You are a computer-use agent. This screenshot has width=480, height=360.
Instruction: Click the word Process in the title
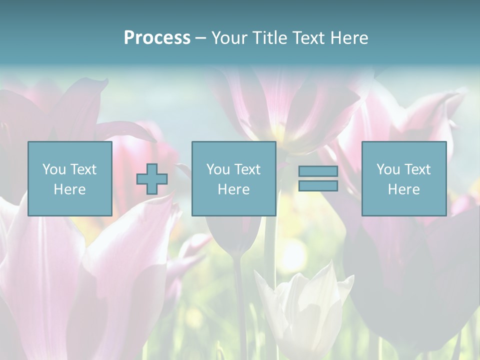tap(157, 38)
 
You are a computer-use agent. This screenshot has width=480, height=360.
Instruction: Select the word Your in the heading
tap(227, 38)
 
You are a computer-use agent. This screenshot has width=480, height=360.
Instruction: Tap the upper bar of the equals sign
tap(318, 171)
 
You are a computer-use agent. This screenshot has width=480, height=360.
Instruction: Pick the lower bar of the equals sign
tap(318, 185)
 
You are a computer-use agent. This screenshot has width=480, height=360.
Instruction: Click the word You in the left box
tap(53, 169)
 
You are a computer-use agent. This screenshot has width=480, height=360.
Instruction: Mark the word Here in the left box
tap(69, 189)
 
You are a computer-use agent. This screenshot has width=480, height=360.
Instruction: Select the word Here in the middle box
tap(233, 189)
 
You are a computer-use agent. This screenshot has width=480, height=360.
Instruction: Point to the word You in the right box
tap(388, 169)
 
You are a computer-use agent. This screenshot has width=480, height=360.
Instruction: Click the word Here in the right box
tap(403, 189)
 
